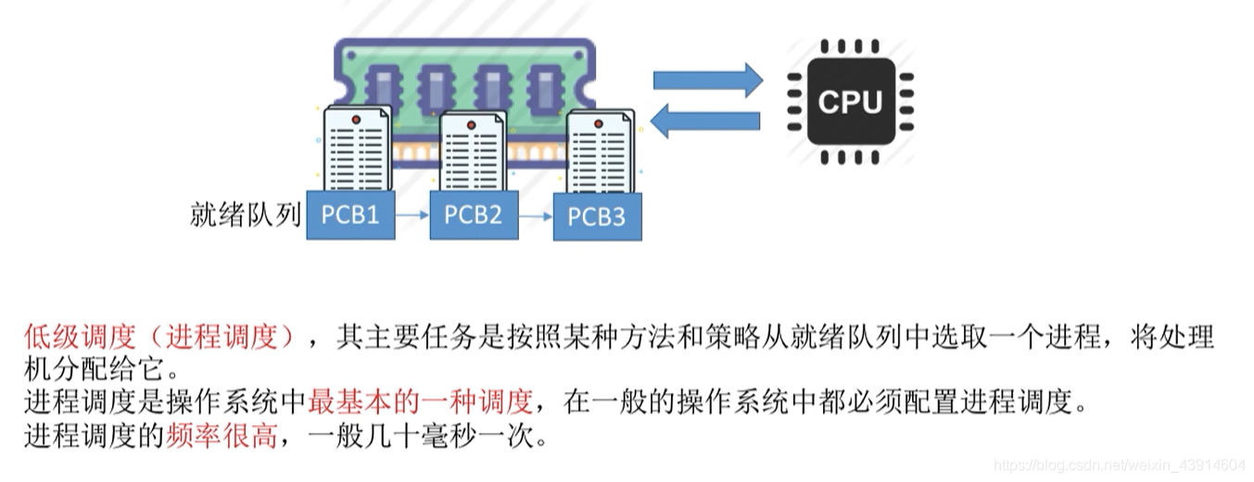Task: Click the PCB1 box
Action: coord(350,215)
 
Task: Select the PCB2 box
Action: coord(473,215)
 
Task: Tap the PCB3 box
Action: coord(596,217)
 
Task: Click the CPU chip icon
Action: coord(850,102)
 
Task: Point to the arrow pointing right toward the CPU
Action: coord(707,81)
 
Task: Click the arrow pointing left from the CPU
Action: coord(705,120)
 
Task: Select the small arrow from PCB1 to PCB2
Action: coord(412,216)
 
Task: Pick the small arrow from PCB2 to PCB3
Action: coord(535,217)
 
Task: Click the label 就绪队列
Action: coord(245,215)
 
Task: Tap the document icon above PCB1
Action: coord(357,148)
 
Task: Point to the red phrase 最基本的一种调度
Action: coord(421,401)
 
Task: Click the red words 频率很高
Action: coord(221,435)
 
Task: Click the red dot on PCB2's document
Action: coord(471,123)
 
